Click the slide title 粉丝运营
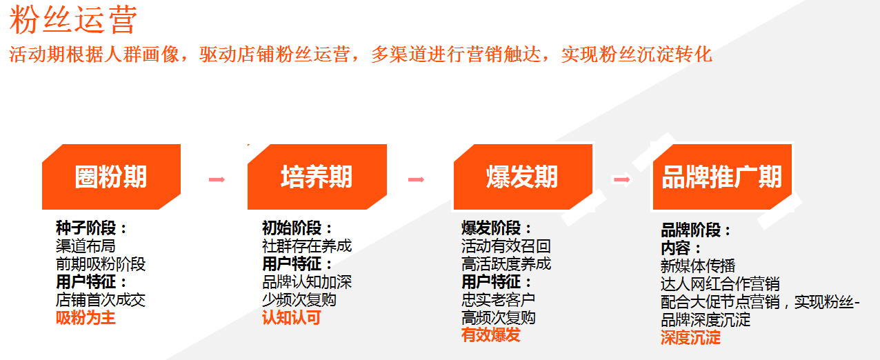[73, 19]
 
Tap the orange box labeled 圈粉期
[111, 177]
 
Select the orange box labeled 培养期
[317, 177]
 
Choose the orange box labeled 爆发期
[523, 177]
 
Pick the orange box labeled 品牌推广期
[722, 177]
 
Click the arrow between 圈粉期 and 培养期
[217, 179]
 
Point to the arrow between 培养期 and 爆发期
[417, 179]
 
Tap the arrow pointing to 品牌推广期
[622, 179]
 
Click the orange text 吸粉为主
[86, 317]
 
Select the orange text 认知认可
[292, 317]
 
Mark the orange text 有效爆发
[490, 335]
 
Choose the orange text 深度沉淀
[690, 338]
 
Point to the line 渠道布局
[86, 246]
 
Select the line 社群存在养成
[307, 246]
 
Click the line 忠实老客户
[498, 300]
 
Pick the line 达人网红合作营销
[720, 283]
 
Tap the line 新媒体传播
[698, 266]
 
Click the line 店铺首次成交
[101, 300]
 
